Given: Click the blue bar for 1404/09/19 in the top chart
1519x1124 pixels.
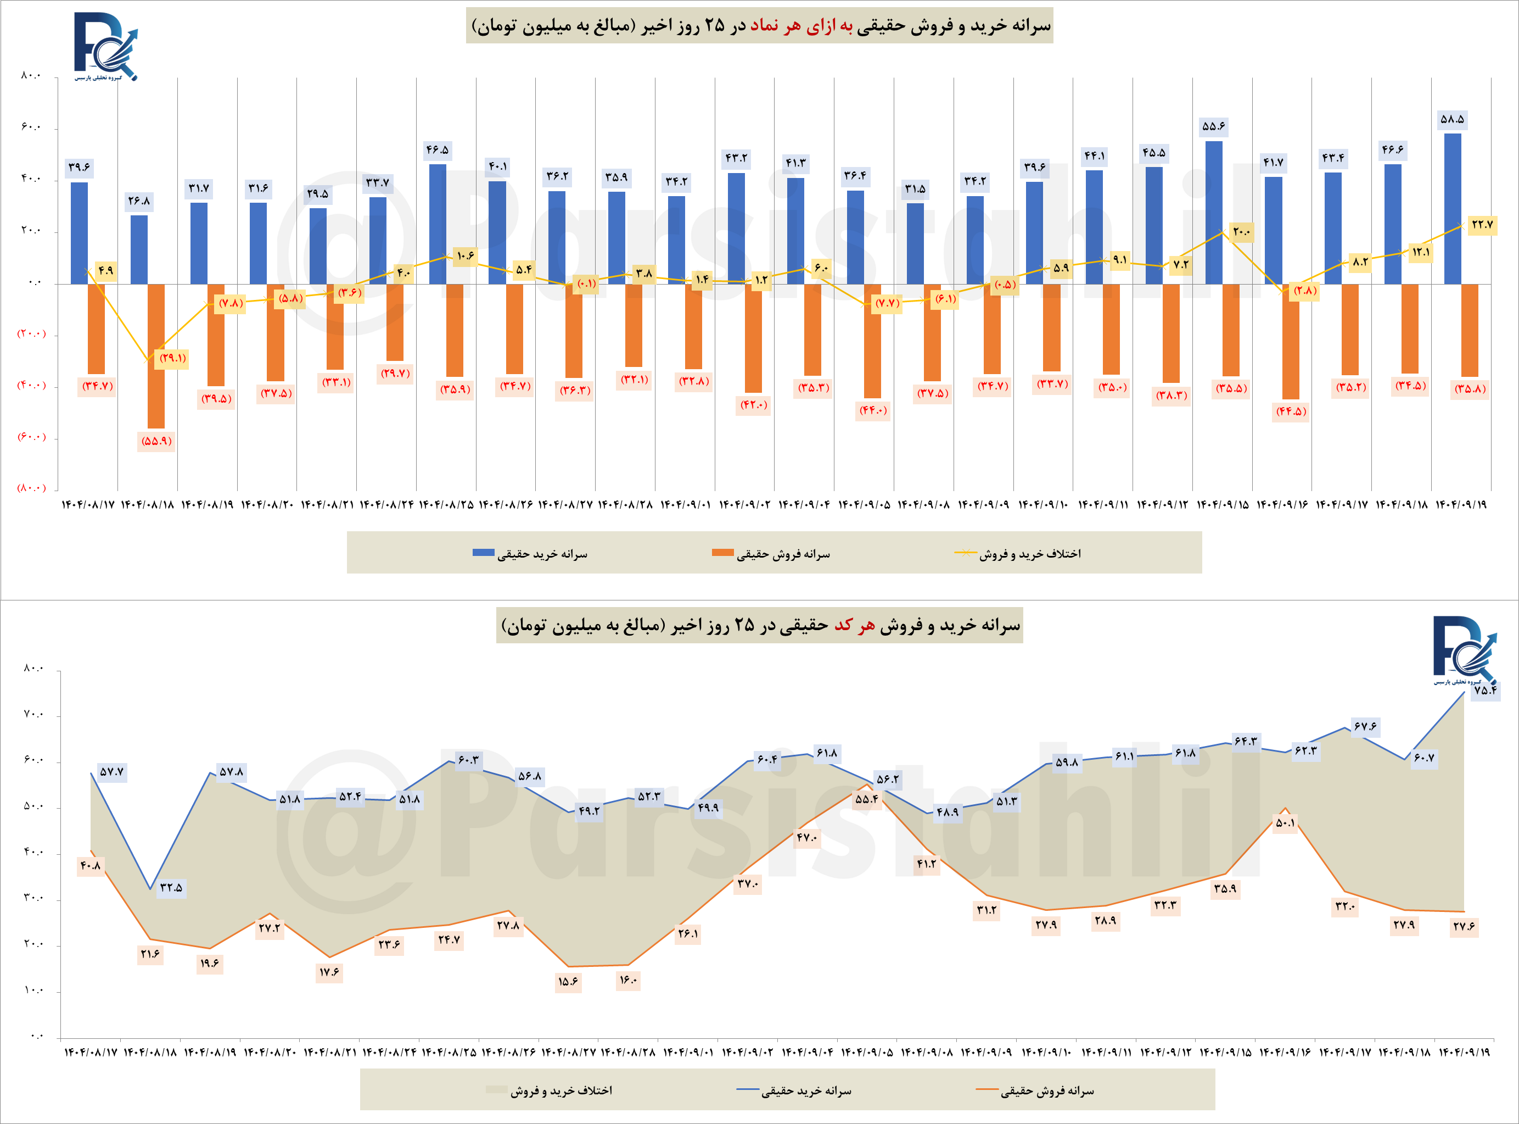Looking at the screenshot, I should click(1453, 209).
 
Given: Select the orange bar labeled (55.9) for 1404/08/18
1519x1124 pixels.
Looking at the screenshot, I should click(156, 356).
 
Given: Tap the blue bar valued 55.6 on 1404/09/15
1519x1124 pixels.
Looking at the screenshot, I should click(1214, 212).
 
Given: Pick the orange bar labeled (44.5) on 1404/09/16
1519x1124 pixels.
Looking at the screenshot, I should click(1291, 342).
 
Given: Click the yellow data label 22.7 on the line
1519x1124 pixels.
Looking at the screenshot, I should click(1482, 225).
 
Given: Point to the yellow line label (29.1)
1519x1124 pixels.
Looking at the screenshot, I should click(172, 358).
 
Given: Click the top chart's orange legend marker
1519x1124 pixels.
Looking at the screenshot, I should click(722, 553).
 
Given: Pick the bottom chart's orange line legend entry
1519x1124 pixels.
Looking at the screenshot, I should click(1034, 1090).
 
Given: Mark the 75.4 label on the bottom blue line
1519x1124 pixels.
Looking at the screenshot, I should click(1484, 690).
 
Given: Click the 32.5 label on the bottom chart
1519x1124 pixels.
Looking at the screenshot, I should click(171, 888).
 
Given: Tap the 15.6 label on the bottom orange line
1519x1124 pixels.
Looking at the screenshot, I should click(568, 982).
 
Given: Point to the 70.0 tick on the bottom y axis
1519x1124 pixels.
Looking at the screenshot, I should click(32, 714).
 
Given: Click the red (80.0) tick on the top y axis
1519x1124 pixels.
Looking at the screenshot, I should click(31, 488).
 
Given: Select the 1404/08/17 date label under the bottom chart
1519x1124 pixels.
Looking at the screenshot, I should click(91, 1052).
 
